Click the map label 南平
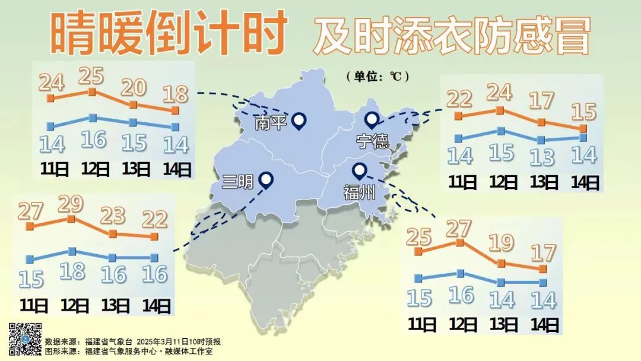tap(271, 123)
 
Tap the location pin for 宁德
tap(372, 120)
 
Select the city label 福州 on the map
tap(359, 192)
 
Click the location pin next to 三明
tap(266, 179)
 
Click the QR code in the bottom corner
tap(25, 339)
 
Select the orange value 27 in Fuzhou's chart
tap(459, 229)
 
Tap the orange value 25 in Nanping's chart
tap(91, 76)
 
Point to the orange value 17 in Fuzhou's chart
tap(543, 254)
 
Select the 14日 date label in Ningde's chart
tap(585, 182)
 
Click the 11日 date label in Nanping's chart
tap(55, 169)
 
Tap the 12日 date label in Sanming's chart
tap(75, 306)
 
